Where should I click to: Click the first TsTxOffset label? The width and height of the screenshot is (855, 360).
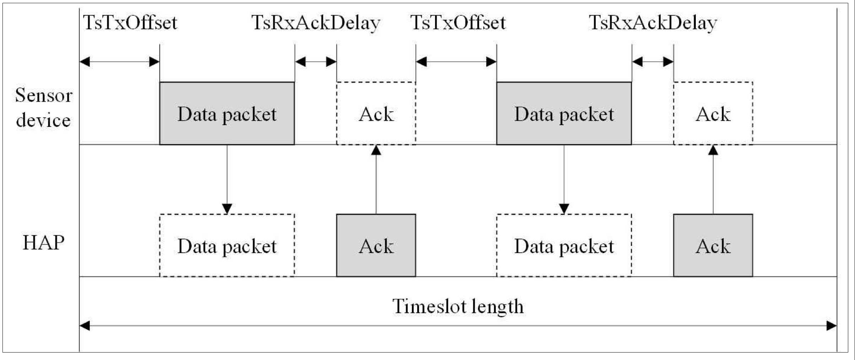point(130,23)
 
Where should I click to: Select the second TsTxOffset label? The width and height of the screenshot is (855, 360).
point(458,23)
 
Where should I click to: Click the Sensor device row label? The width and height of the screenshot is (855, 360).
point(43,107)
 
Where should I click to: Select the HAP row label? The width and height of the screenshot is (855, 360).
point(44,243)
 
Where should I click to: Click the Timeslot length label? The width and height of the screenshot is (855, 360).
point(458,306)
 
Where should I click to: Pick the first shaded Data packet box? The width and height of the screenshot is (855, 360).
point(227,113)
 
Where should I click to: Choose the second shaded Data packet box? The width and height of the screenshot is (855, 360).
point(564,113)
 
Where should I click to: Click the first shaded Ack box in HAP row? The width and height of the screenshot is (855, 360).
point(376,245)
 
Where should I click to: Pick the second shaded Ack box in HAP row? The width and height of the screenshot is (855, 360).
point(713,245)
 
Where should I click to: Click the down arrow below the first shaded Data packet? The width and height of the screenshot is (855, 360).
point(227,179)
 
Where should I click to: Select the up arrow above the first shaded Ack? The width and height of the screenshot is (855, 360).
point(376,179)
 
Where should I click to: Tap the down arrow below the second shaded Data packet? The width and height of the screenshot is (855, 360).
point(564,179)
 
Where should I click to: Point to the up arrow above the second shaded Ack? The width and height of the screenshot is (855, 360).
point(713,179)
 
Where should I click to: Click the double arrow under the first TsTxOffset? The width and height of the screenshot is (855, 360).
point(119,62)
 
